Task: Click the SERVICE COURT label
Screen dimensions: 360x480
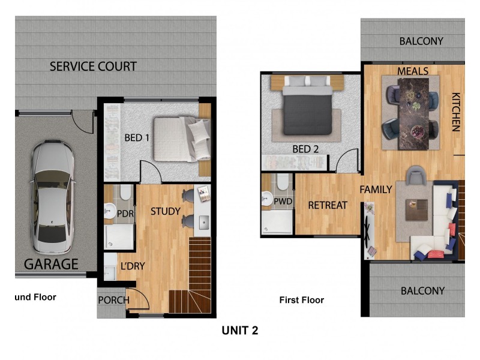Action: [93, 66]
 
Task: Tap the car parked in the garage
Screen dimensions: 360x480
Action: [53, 197]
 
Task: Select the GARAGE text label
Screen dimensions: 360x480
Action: [51, 264]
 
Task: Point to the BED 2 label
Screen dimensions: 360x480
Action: [305, 149]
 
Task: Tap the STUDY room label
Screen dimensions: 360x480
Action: [166, 211]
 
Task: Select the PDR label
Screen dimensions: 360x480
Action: [125, 214]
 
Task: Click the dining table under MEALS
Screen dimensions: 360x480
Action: [413, 108]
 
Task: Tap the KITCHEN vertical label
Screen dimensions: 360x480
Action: [455, 112]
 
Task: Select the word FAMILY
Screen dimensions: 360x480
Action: [376, 190]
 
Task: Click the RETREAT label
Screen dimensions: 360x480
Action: [328, 205]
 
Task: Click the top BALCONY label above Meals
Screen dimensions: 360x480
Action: [421, 41]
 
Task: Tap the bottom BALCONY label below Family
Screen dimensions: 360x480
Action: [422, 291]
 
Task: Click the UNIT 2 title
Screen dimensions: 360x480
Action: [240, 330]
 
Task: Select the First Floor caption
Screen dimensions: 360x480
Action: [302, 300]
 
